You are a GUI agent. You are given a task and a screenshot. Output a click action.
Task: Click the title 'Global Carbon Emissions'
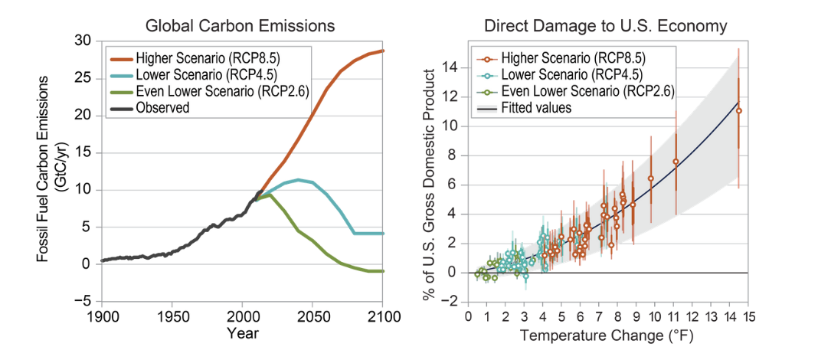(x=240, y=25)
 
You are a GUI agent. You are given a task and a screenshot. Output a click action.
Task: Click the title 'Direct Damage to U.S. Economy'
(x=605, y=25)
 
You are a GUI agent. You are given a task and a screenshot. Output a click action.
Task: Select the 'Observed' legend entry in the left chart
(x=162, y=108)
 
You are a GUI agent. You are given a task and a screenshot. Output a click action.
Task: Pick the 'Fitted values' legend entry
(x=536, y=108)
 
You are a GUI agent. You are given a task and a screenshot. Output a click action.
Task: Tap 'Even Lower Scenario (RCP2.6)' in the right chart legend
(x=587, y=91)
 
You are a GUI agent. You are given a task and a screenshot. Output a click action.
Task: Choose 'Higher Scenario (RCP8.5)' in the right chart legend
(x=572, y=58)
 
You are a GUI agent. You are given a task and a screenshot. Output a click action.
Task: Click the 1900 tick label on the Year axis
(x=102, y=316)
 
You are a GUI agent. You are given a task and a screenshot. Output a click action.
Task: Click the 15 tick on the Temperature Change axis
(x=748, y=316)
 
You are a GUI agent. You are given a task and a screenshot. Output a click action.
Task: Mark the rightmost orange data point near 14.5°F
(x=739, y=110)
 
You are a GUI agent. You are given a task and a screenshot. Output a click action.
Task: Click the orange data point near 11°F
(x=676, y=162)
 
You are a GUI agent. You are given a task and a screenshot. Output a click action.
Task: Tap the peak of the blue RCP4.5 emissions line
(x=299, y=180)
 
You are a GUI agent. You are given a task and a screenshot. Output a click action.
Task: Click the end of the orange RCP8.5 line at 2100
(x=382, y=51)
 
